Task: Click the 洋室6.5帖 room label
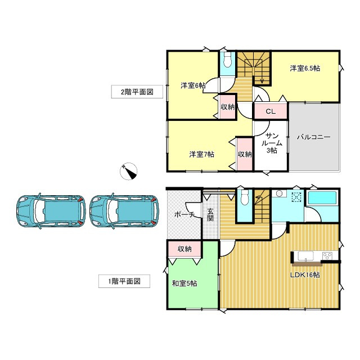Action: (305, 69)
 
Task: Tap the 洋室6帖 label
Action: (192, 85)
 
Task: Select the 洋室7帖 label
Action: (201, 154)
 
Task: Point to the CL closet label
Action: (270, 111)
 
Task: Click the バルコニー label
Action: (313, 137)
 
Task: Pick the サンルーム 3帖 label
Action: (272, 143)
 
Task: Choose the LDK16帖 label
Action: (305, 275)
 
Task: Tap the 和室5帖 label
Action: (184, 283)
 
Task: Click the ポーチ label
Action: (184, 214)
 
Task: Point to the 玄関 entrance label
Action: (210, 215)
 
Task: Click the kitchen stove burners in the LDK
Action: (327, 256)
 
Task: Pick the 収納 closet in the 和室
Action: (185, 249)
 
